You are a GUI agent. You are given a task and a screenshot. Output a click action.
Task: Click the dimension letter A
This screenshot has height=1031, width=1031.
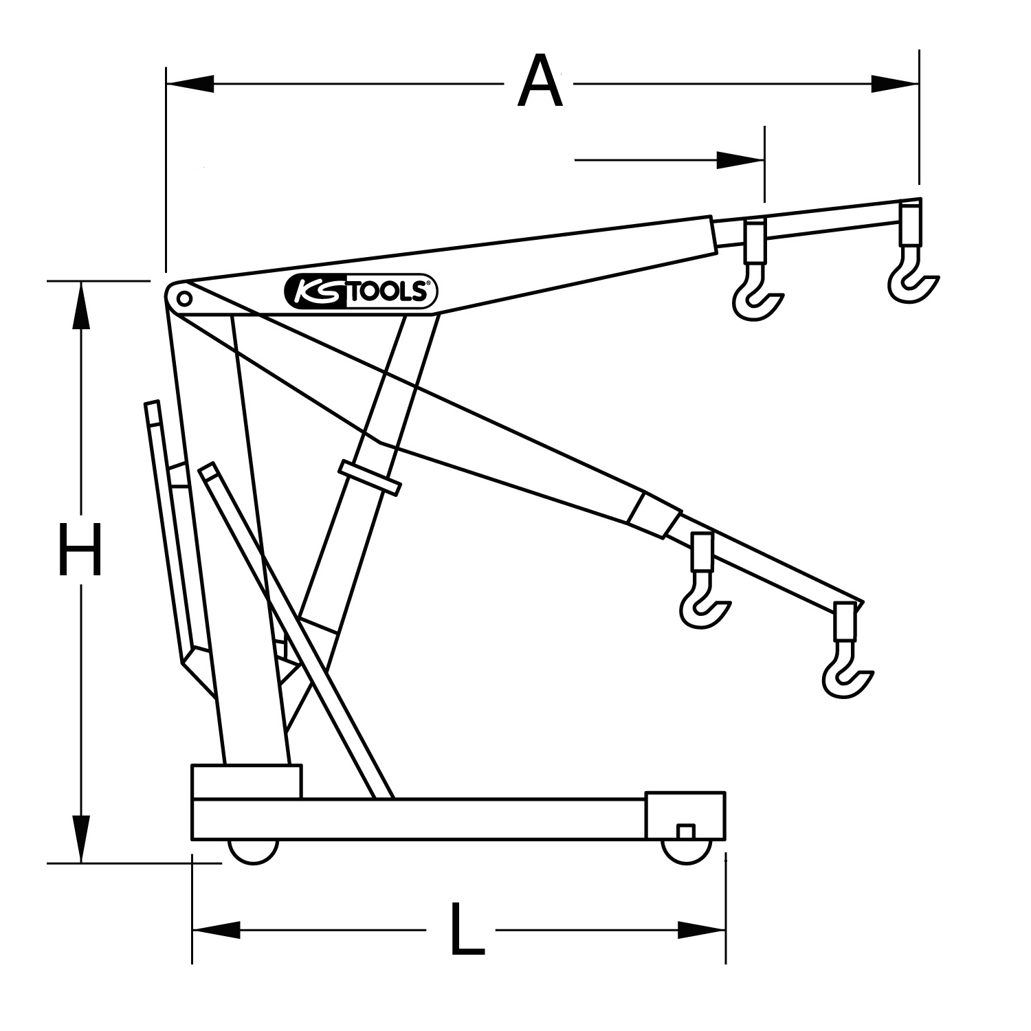(x=540, y=83)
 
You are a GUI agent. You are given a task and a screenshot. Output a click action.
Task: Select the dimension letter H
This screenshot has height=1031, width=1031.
(x=80, y=549)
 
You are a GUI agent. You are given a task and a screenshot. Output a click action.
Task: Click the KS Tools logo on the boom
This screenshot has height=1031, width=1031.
(x=361, y=293)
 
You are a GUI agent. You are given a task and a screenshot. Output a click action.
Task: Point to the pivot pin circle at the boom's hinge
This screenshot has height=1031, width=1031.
(x=184, y=298)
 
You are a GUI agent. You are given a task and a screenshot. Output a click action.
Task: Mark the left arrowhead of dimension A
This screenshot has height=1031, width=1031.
(x=190, y=84)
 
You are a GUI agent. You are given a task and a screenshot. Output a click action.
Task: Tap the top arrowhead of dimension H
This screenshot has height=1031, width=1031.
(x=81, y=305)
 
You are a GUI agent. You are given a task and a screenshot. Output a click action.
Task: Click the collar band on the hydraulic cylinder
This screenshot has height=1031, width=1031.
(x=370, y=478)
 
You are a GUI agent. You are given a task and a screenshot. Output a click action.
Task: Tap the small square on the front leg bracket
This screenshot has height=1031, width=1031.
(x=685, y=832)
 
